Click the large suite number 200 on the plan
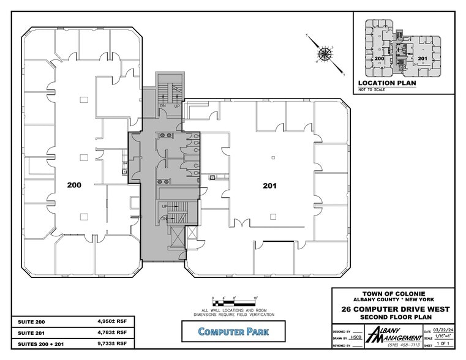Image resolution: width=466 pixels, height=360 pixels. click(74, 184)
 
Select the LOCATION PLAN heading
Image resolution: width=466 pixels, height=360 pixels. click(387, 83)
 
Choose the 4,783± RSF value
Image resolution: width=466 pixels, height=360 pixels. click(113, 333)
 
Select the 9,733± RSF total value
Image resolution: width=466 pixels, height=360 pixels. click(113, 344)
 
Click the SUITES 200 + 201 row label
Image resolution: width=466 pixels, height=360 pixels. click(41, 344)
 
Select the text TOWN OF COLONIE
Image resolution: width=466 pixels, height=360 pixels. click(393, 294)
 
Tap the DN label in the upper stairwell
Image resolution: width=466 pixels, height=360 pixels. click(163, 107)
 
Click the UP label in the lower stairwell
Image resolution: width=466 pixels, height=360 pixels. click(165, 206)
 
